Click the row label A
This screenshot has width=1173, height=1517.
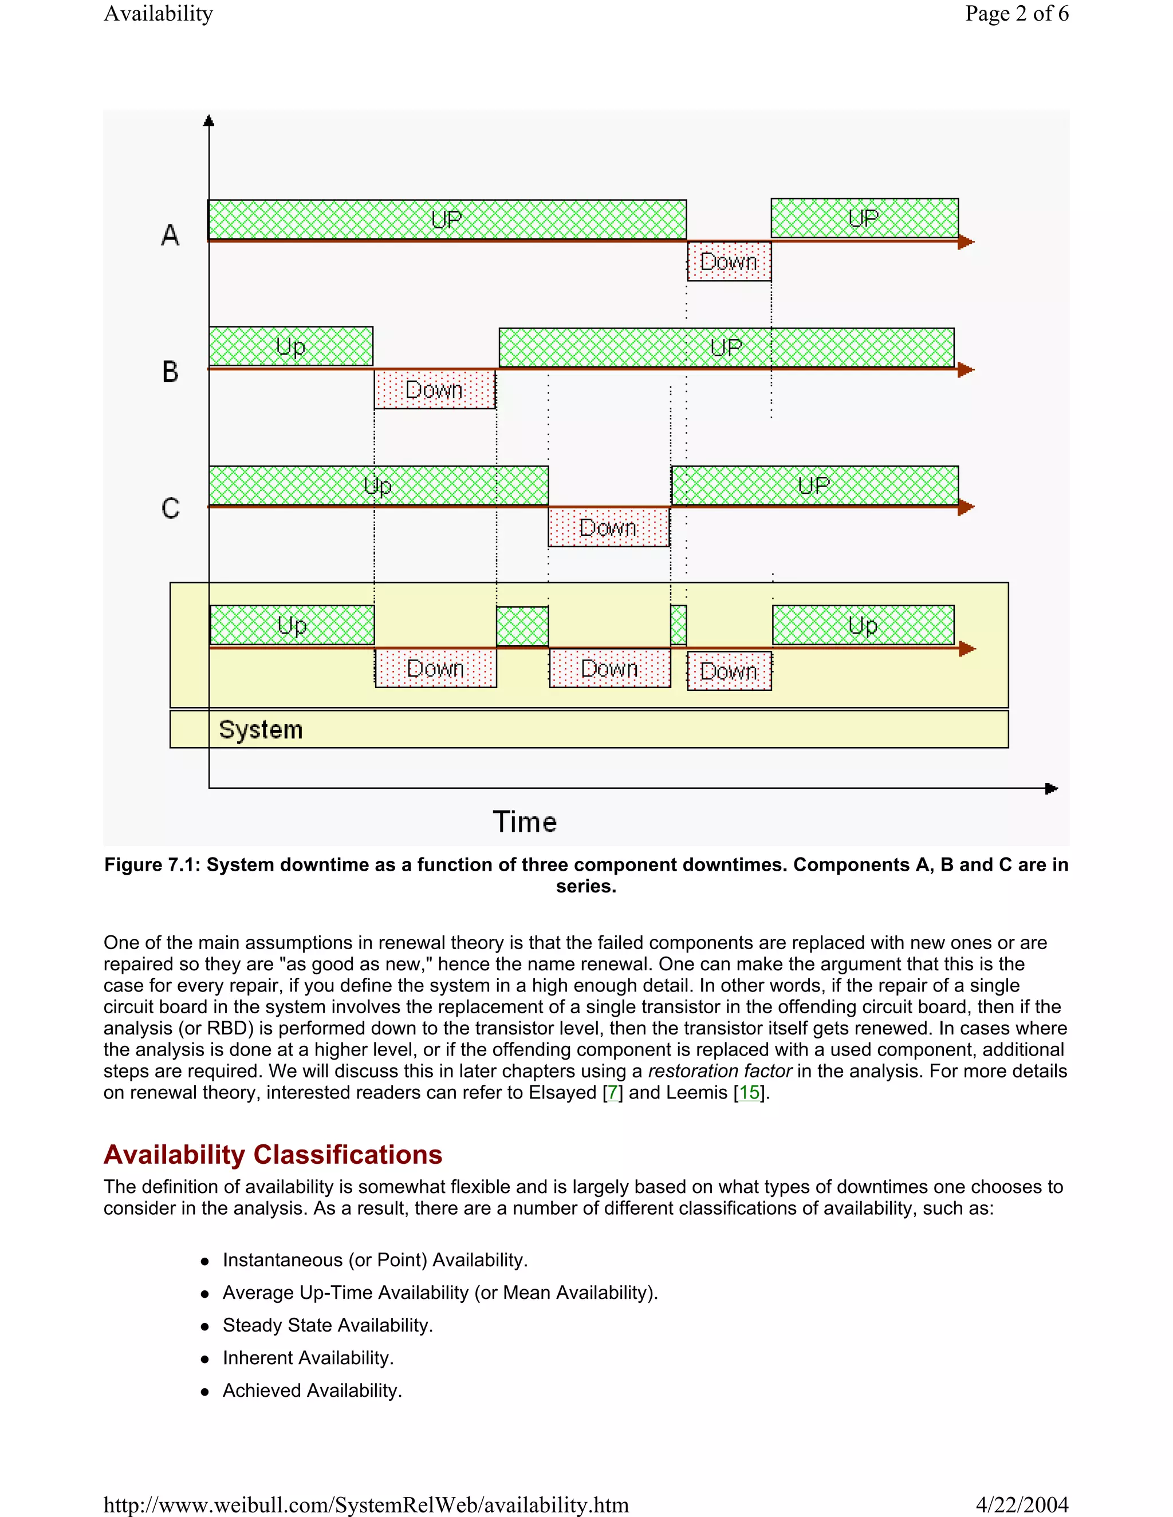[170, 235]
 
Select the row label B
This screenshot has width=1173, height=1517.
[170, 372]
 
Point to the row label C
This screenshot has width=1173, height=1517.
[170, 508]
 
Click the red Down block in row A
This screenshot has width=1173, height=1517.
[729, 262]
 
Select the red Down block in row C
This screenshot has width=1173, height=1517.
[609, 528]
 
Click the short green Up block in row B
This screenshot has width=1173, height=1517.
[291, 346]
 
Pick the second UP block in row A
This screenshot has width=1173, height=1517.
[864, 218]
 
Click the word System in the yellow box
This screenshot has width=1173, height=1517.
[261, 729]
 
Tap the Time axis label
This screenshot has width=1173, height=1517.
[525, 821]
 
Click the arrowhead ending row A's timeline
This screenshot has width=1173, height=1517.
[966, 242]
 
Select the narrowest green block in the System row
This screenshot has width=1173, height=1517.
[678, 625]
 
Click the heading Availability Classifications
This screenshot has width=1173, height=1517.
[273, 1155]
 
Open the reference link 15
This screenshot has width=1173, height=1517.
[749, 1093]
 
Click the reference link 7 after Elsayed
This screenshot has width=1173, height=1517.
[612, 1093]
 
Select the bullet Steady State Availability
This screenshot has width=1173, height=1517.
[327, 1325]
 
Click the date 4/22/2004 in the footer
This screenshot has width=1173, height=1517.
[1022, 1504]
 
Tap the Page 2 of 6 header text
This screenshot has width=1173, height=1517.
[1016, 13]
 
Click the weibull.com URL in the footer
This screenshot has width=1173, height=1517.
[366, 1504]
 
